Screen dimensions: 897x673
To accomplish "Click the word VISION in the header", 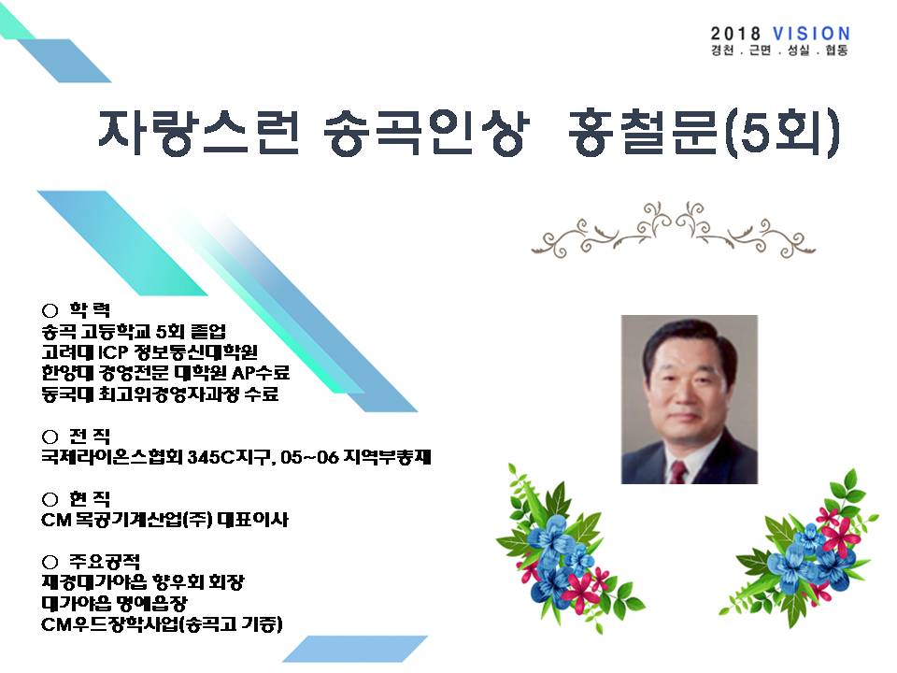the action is pyautogui.click(x=811, y=34).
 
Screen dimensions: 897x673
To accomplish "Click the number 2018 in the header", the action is pyautogui.click(x=735, y=34).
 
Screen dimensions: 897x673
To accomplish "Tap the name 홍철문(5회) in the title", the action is pyautogui.click(x=704, y=133).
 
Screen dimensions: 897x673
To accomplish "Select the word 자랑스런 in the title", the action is pyautogui.click(x=198, y=133).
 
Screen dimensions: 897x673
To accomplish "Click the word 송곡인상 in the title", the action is pyautogui.click(x=424, y=133).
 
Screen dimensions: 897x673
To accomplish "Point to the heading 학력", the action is pyautogui.click(x=90, y=309).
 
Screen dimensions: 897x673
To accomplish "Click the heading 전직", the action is pyautogui.click(x=90, y=437).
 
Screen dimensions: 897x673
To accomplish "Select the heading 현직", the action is pyautogui.click(x=90, y=499).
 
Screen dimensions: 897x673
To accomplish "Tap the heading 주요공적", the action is pyautogui.click(x=105, y=562).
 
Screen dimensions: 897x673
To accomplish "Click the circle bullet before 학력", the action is pyautogui.click(x=50, y=310).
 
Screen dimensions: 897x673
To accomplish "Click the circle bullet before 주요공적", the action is pyautogui.click(x=50, y=563).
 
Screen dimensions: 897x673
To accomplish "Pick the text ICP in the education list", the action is pyautogui.click(x=113, y=352).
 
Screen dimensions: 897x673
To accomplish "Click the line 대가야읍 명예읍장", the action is pyautogui.click(x=114, y=603).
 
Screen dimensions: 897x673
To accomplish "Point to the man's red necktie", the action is pyautogui.click(x=678, y=473).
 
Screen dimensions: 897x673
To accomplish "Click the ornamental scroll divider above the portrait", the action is pyautogui.click(x=674, y=230).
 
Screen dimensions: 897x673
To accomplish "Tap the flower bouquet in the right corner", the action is pyautogui.click(x=800, y=551).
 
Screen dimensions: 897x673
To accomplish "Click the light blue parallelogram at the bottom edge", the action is pyautogui.click(x=355, y=649).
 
